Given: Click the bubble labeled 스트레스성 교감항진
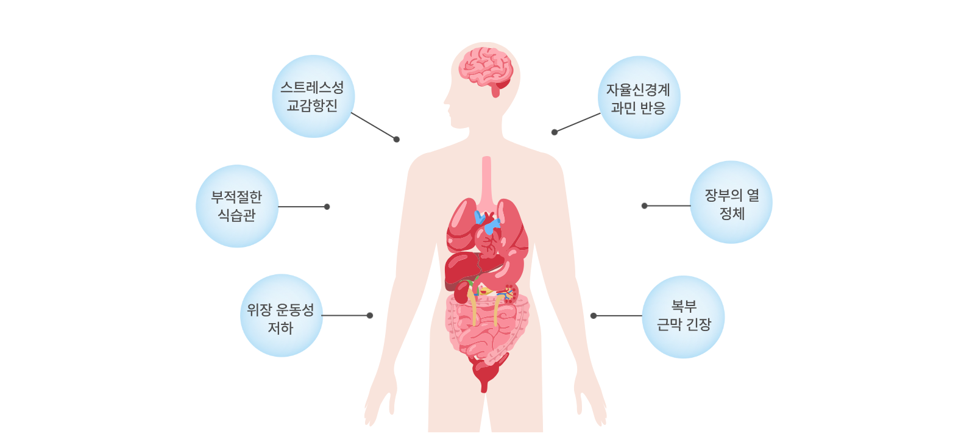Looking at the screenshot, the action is (x=313, y=96).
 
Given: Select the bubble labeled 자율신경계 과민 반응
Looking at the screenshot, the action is (x=639, y=98).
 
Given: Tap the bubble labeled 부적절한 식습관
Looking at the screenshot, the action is (x=236, y=206).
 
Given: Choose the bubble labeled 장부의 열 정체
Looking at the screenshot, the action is (x=731, y=202).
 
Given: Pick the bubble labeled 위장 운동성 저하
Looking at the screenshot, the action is (x=281, y=316).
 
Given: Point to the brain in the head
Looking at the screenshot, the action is (x=486, y=68).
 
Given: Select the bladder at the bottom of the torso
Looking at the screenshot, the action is (x=485, y=372).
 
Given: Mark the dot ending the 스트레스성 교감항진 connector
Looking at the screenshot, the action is (x=397, y=140).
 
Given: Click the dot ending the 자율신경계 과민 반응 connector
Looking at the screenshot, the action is (x=555, y=132).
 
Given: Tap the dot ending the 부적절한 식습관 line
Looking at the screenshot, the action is (x=327, y=207).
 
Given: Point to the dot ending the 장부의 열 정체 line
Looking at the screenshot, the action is (x=644, y=206).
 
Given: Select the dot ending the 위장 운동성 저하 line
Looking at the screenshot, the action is (x=370, y=315).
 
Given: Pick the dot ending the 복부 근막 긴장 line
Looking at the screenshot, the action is (x=594, y=316).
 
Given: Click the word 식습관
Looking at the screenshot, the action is (x=236, y=215).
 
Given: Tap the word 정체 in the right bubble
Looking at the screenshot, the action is (x=732, y=213).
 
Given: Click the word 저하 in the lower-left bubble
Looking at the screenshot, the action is (x=280, y=328).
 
